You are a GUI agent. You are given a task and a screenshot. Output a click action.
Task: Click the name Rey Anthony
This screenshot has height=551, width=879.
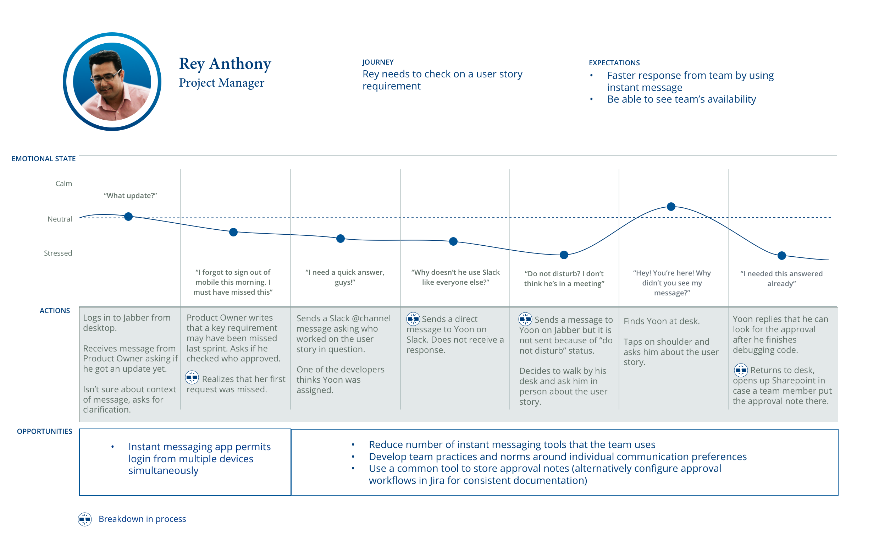[x=225, y=64]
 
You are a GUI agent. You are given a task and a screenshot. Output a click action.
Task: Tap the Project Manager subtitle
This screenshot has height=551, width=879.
[x=221, y=83]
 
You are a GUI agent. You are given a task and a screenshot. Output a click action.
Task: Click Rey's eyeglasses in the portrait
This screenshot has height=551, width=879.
[x=106, y=77]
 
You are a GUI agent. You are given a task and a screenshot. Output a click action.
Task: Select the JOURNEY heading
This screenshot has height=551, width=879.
[x=377, y=62]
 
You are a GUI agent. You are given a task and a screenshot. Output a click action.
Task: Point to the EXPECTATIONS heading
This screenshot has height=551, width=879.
[x=614, y=63]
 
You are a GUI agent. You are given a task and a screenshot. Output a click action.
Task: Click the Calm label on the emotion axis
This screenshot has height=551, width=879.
[x=64, y=183]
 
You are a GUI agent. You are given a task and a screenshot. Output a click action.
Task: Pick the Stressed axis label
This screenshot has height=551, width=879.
[x=58, y=253]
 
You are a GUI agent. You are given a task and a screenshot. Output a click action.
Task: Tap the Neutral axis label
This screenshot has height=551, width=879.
[x=60, y=219]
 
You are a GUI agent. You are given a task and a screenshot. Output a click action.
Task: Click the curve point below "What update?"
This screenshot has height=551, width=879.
[x=128, y=217]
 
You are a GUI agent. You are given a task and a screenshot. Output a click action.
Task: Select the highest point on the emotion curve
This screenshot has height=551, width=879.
[x=671, y=207]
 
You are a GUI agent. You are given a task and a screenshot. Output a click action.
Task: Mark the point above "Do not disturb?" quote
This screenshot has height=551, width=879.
[x=564, y=255]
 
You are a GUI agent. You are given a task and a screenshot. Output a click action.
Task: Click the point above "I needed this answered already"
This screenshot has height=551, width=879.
[x=781, y=256]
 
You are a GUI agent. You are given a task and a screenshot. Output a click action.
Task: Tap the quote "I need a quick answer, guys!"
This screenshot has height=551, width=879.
[x=344, y=277]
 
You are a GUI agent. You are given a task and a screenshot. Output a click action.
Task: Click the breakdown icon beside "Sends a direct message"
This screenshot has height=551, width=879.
[x=413, y=319]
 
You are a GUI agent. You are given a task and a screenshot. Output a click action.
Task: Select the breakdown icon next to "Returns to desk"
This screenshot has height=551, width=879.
[x=741, y=370]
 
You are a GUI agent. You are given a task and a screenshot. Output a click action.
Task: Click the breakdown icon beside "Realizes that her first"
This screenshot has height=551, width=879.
[x=192, y=377]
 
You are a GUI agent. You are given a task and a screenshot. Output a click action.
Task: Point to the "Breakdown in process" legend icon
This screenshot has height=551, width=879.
[x=85, y=519]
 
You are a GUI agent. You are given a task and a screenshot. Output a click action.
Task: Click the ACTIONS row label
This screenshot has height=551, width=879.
[x=55, y=311]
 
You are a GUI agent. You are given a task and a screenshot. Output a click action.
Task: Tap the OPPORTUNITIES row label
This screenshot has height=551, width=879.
[x=44, y=431]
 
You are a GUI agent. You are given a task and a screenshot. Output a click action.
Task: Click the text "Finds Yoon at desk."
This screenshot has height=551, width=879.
[x=661, y=321]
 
